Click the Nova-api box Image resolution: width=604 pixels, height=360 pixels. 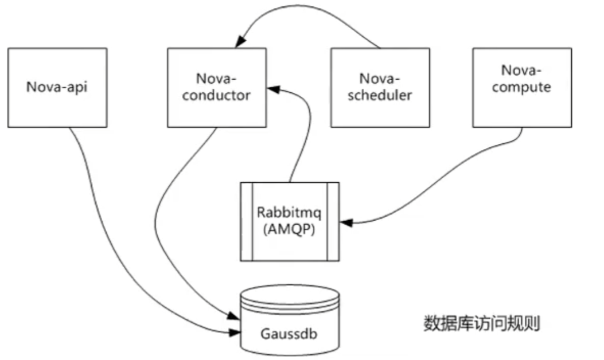[x=57, y=87]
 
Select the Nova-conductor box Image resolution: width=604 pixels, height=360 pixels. [x=216, y=87]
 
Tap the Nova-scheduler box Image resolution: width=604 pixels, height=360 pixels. [x=380, y=87]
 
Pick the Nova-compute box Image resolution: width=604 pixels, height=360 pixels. [x=521, y=87]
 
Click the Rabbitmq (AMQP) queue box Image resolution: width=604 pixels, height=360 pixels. [x=289, y=221]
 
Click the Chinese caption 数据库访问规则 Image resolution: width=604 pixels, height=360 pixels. [x=481, y=323]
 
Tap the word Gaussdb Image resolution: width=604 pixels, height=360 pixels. [x=289, y=332]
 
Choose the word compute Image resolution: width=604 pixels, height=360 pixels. [x=521, y=88]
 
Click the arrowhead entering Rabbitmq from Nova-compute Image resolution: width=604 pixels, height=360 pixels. [x=345, y=221]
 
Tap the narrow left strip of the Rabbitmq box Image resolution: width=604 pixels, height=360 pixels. [x=244, y=221]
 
